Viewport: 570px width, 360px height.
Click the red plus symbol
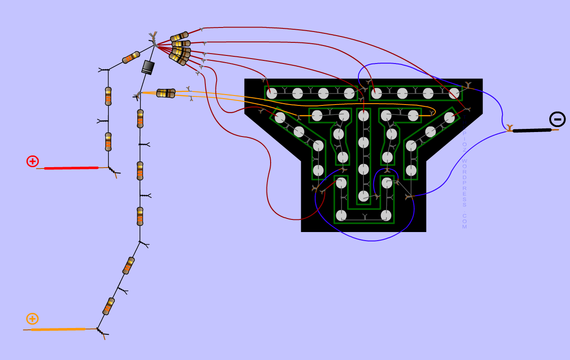[x=32, y=161]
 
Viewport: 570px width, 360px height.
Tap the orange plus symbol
[x=32, y=319]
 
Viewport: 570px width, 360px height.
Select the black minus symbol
[x=557, y=119]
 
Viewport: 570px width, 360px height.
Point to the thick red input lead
[x=71, y=168]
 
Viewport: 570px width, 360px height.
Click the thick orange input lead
[x=58, y=329]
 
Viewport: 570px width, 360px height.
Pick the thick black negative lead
[x=532, y=130]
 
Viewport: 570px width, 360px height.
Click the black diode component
[x=148, y=67]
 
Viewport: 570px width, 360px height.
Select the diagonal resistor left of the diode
[x=131, y=57]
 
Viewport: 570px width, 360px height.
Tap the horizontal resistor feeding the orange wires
[x=166, y=93]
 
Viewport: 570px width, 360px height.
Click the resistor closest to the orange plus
[x=109, y=306]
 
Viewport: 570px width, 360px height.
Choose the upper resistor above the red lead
[x=108, y=96]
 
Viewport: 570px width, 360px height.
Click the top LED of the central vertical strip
[x=363, y=116]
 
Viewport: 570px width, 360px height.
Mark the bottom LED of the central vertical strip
[x=363, y=196]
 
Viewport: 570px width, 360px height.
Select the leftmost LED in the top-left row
[x=271, y=93]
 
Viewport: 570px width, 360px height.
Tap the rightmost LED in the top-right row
[x=454, y=93]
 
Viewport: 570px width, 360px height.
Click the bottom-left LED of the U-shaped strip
[x=341, y=215]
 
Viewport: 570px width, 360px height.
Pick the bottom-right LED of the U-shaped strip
[x=386, y=215]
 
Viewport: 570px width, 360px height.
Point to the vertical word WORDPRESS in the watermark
[x=465, y=180]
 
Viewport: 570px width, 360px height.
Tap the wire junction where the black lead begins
[x=510, y=129]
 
